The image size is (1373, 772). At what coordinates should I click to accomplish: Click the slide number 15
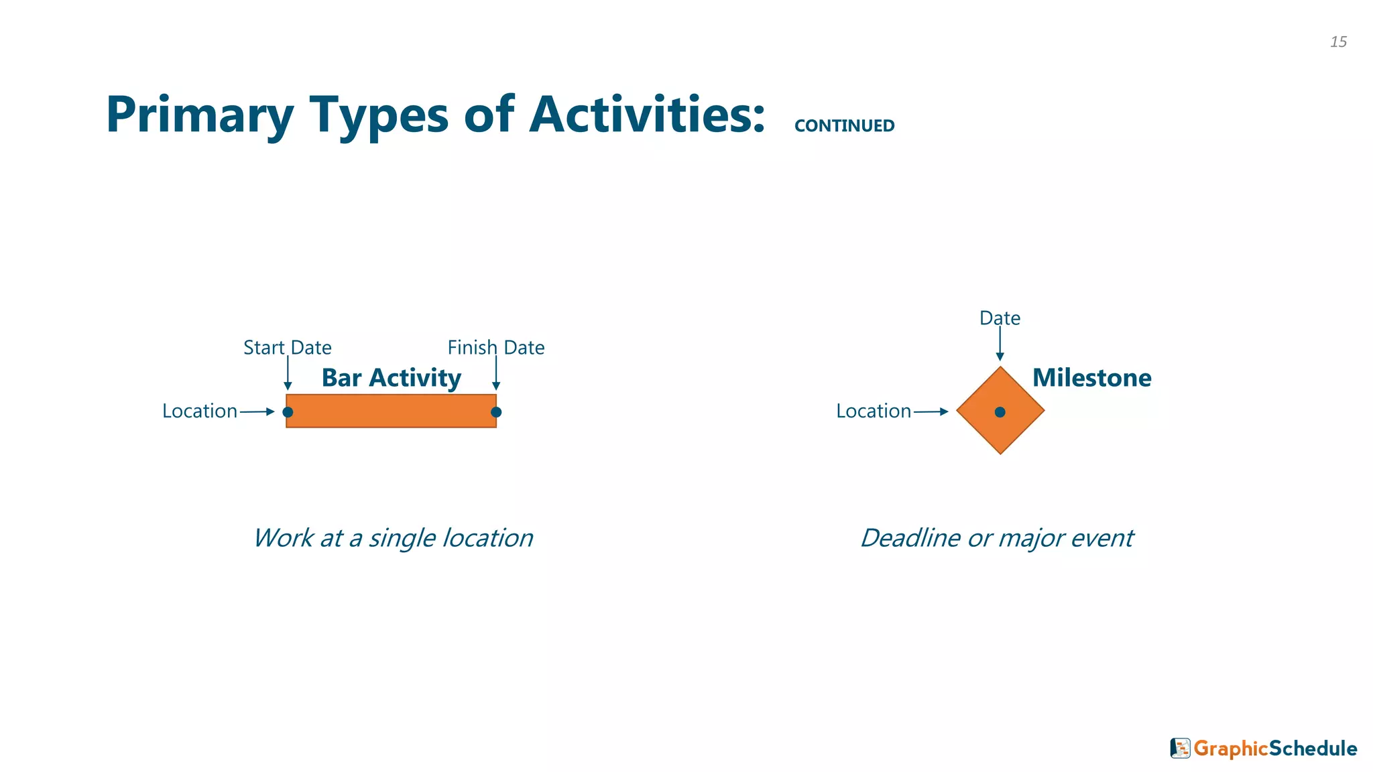(x=1338, y=42)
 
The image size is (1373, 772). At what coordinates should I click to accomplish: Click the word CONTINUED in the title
(x=844, y=126)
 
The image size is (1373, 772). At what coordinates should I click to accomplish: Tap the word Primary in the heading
(x=199, y=115)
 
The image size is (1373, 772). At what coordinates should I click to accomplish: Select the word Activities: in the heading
(x=647, y=115)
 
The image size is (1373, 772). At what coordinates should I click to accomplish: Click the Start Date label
(x=287, y=348)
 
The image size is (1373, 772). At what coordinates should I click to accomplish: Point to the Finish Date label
(x=495, y=348)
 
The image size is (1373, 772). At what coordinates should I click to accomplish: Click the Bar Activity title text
(x=392, y=378)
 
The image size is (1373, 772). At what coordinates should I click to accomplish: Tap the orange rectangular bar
(x=392, y=411)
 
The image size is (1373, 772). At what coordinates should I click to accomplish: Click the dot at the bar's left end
(x=288, y=412)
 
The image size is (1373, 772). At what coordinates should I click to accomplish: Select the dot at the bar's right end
(x=496, y=412)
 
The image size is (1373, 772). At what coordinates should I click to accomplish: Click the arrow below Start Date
(x=288, y=373)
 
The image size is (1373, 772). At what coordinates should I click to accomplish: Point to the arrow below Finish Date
(x=496, y=373)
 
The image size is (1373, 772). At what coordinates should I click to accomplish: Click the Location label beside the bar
(x=200, y=411)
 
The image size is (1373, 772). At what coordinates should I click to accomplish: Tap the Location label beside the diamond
(x=874, y=411)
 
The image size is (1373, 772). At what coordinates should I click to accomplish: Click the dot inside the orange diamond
(x=1000, y=412)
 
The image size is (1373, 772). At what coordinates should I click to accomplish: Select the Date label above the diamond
(x=1000, y=318)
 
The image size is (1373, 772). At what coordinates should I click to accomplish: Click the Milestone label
(x=1091, y=378)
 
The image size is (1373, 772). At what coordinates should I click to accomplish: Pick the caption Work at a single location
(x=393, y=538)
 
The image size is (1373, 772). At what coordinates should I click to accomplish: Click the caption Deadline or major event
(x=997, y=538)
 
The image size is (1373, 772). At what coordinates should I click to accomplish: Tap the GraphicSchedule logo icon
(x=1180, y=748)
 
